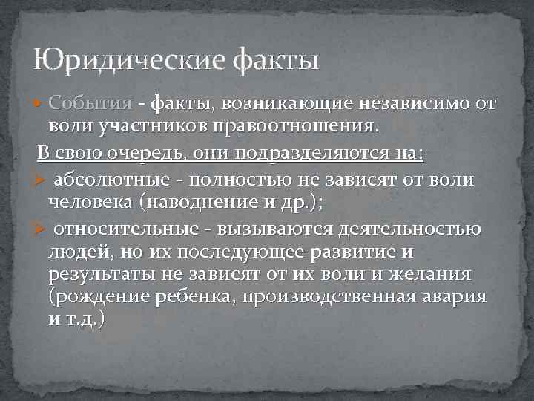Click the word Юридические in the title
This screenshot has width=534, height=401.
[x=126, y=58]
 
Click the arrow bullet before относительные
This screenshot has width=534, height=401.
[x=41, y=229]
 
